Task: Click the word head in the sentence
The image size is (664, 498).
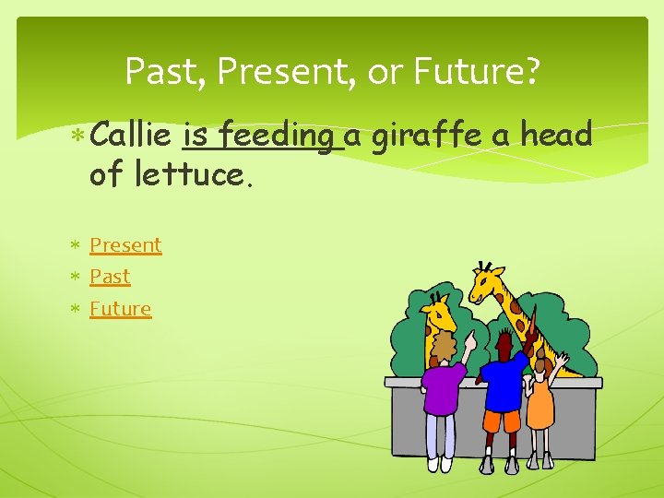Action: (556, 136)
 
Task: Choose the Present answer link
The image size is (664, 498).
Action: (125, 245)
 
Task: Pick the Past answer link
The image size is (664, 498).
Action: (110, 277)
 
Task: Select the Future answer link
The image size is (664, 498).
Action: (120, 309)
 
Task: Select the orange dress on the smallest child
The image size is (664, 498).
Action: (540, 406)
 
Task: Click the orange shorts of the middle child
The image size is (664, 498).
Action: (502, 421)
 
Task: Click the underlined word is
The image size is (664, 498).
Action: (197, 136)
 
